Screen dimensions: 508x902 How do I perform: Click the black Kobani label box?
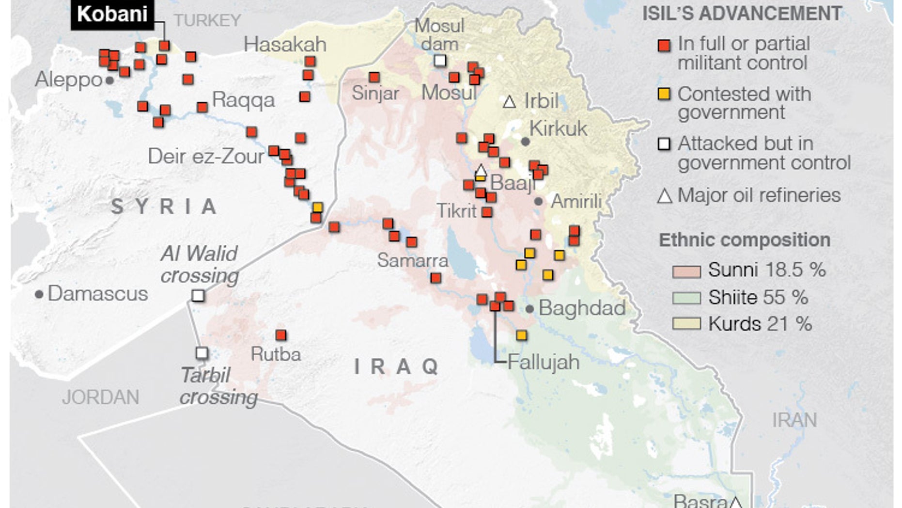click(112, 14)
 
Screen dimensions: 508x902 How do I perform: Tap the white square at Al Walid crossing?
click(198, 295)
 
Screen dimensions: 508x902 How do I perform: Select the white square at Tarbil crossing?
click(202, 353)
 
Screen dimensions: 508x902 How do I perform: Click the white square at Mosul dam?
click(440, 61)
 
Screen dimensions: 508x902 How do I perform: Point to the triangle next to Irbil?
click(509, 102)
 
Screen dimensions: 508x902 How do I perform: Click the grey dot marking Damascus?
click(39, 294)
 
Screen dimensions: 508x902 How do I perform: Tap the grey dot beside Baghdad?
click(529, 309)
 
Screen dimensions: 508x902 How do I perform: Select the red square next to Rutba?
click(281, 335)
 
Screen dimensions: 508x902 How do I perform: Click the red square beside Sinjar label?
click(374, 77)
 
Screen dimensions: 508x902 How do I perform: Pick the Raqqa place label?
click(243, 100)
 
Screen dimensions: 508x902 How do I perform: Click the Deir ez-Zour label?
click(206, 156)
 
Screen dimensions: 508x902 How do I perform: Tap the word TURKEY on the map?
click(207, 20)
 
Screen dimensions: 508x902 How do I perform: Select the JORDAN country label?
click(101, 397)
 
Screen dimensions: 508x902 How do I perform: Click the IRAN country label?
click(794, 420)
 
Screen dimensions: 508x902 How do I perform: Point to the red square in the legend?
click(664, 46)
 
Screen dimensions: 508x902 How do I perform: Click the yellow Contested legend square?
click(664, 94)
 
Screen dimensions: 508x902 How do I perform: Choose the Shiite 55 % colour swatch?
click(686, 298)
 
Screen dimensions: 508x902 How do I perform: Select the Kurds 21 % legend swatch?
click(686, 324)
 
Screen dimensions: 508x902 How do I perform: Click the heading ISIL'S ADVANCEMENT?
click(742, 14)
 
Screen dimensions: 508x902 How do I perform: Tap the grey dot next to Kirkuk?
click(525, 142)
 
